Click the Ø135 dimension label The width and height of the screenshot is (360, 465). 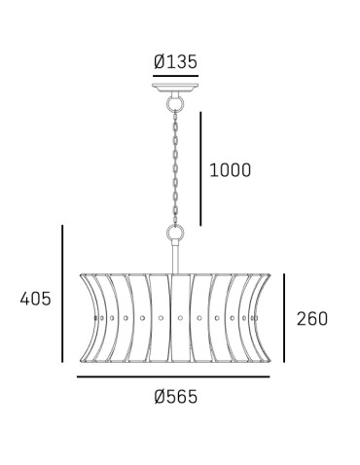[175, 61]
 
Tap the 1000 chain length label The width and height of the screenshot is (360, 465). [231, 170]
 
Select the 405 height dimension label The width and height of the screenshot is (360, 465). [36, 299]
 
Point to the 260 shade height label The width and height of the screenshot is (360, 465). [312, 319]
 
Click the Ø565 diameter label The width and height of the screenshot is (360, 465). [176, 397]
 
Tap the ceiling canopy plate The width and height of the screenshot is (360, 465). [175, 88]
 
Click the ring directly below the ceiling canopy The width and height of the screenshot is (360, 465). [175, 104]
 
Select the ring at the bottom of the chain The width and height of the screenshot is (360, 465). [175, 232]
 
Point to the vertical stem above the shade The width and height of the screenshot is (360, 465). [175, 258]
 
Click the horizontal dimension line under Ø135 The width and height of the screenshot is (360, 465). [175, 76]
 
